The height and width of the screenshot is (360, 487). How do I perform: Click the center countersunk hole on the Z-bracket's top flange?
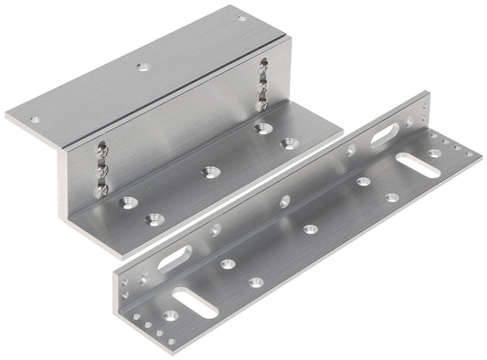(141, 67)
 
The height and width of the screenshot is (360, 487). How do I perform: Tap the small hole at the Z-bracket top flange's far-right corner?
(241, 18)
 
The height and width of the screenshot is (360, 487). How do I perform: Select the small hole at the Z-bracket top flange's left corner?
(35, 119)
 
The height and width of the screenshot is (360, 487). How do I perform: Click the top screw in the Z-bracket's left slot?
(99, 150)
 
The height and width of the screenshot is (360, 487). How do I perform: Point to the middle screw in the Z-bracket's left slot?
(101, 167)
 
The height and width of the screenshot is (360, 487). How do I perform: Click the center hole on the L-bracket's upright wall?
(284, 199)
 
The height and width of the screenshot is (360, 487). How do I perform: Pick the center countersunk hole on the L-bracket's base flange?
(311, 228)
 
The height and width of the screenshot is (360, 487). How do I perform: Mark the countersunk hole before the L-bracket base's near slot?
(168, 316)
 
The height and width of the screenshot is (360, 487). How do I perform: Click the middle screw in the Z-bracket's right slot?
(264, 82)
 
